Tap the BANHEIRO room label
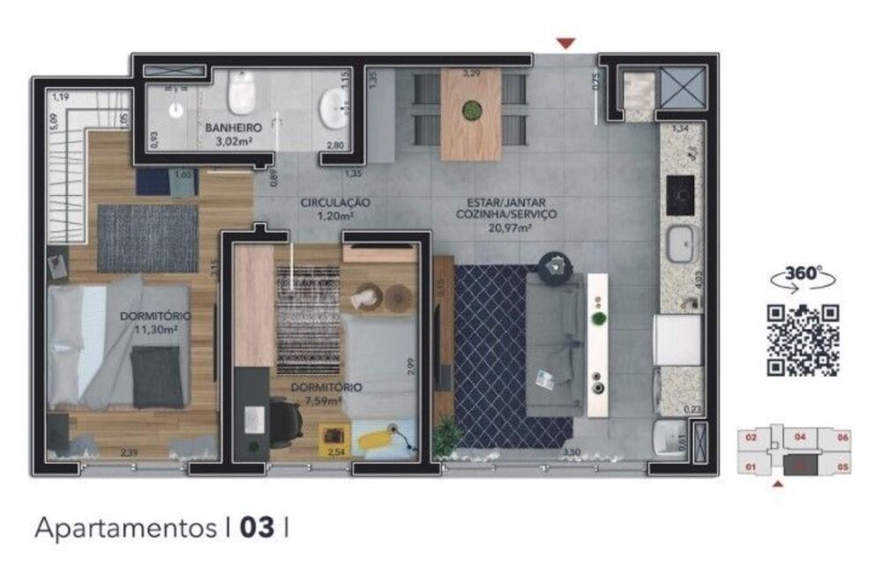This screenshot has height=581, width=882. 232,128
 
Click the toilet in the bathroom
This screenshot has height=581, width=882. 240,92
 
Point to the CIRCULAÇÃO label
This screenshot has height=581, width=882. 335,202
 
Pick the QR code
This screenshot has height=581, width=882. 802,339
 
